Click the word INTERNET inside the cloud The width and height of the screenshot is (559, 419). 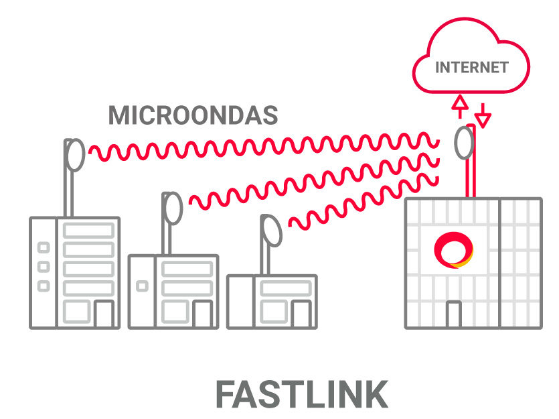coord(471,67)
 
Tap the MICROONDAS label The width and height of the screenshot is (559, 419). coord(193,115)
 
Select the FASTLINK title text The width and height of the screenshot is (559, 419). coord(301,394)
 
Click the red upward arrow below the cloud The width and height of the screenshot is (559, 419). coord(459,106)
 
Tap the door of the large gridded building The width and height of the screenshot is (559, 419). coord(454,314)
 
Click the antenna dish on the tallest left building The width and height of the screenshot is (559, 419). coord(74,155)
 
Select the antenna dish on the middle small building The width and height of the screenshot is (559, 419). coord(173,208)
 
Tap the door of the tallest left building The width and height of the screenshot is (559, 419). coord(103,314)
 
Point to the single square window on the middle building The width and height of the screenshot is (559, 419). coord(142,286)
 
